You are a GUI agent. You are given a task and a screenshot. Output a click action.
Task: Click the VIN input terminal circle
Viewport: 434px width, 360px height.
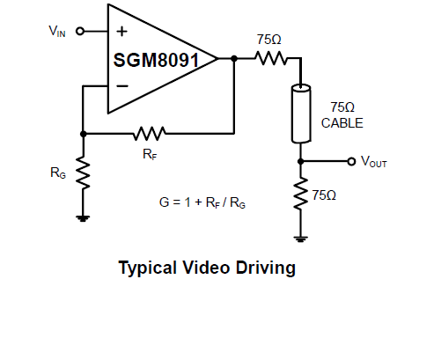(80, 31)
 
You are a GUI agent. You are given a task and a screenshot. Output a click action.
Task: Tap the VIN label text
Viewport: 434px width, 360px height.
(57, 31)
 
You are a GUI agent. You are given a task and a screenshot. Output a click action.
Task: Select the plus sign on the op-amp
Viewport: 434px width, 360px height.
(121, 31)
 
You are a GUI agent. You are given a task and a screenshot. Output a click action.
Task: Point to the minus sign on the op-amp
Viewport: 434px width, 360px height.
(122, 86)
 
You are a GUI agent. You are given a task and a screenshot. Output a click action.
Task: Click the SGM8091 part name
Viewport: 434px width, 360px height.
(156, 60)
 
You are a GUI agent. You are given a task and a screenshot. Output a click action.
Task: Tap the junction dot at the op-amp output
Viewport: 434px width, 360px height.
(234, 59)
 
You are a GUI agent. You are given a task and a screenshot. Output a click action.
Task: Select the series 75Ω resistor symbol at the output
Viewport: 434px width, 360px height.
(271, 58)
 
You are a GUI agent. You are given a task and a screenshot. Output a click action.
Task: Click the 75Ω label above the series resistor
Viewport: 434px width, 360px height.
(268, 40)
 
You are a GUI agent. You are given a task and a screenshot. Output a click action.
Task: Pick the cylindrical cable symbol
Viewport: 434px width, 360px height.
(301, 114)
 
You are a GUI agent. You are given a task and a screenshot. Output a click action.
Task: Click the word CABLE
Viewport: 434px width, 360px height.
(342, 123)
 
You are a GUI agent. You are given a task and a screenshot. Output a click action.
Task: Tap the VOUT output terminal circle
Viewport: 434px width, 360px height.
(351, 161)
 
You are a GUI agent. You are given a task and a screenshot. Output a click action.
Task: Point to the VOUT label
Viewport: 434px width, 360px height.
(374, 162)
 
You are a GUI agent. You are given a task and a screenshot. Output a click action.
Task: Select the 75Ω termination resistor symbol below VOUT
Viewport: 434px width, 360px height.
(301, 194)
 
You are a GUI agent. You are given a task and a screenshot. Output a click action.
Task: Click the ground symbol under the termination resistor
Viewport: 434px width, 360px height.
(300, 239)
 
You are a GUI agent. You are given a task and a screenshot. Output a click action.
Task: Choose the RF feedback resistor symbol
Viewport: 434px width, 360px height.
(150, 134)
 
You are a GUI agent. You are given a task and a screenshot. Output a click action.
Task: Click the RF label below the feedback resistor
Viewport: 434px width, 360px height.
(150, 154)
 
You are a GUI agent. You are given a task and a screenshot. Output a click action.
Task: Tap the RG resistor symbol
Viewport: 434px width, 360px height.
(83, 173)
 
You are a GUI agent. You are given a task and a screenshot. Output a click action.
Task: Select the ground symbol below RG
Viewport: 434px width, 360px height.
(83, 218)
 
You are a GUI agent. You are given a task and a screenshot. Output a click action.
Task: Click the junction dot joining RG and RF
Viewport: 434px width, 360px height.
(84, 134)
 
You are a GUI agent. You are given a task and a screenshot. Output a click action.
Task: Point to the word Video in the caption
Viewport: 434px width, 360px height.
(206, 268)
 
